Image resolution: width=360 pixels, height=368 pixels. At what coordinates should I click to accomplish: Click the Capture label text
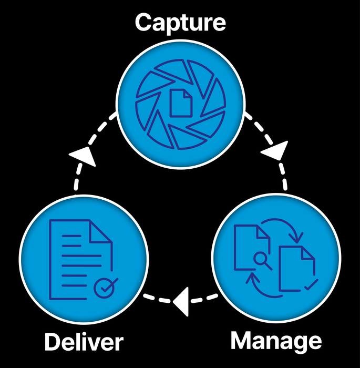[180, 23]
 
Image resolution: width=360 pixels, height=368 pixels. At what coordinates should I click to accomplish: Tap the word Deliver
[84, 342]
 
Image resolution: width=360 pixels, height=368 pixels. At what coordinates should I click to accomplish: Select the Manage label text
[276, 341]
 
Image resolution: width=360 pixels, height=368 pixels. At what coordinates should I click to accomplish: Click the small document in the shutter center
[180, 102]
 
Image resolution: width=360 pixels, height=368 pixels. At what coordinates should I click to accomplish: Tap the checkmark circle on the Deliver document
[105, 288]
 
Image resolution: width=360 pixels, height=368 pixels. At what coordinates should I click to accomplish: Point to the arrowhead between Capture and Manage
[275, 152]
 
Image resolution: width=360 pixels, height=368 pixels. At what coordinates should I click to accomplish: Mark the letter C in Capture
[143, 23]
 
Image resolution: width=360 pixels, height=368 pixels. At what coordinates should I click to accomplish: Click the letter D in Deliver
[53, 342]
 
